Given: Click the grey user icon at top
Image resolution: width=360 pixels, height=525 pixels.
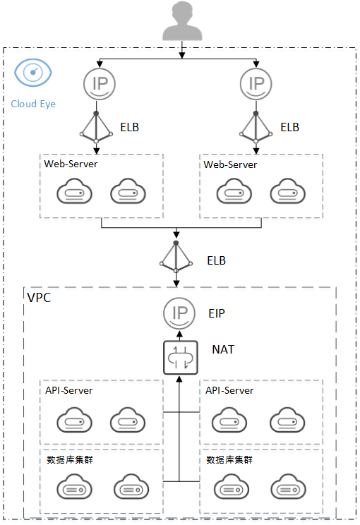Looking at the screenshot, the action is coord(182,20).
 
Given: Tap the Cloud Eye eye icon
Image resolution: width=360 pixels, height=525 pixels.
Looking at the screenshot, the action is coord(32,73).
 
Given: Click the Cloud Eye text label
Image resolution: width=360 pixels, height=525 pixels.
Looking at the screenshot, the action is coord(33,104).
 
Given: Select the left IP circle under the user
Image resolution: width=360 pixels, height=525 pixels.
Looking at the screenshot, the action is coord(100,84).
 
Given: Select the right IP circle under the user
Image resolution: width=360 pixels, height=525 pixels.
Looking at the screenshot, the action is coord(256,84).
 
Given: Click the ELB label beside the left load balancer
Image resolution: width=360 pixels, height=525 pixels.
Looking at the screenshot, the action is coord(130,127).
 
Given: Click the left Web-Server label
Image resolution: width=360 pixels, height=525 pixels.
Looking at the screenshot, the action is coord(71,164).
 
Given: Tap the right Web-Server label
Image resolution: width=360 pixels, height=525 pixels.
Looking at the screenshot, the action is coord(230,164).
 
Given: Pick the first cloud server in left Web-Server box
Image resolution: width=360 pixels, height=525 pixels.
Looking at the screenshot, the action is coord(74,191).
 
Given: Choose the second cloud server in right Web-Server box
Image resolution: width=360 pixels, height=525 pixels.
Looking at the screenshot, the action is coord(288,191).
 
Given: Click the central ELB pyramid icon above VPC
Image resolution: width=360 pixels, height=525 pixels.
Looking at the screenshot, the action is coord(176,257).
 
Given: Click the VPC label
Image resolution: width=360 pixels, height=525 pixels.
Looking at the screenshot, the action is coord(40,298).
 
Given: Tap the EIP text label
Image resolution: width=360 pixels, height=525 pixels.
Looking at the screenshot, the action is coord(217,313).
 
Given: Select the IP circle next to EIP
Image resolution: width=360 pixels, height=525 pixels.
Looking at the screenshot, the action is coord(179,313).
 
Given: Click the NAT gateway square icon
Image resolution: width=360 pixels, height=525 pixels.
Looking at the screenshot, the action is coord(181,358).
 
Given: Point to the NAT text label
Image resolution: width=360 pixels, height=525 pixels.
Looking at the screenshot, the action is coord(223,349).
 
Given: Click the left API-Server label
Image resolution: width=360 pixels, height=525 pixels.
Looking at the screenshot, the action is coord(69,390).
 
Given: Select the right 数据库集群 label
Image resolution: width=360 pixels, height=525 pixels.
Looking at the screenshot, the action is coord(229,459).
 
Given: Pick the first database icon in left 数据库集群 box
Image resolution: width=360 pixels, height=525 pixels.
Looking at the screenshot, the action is coord(74,486).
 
